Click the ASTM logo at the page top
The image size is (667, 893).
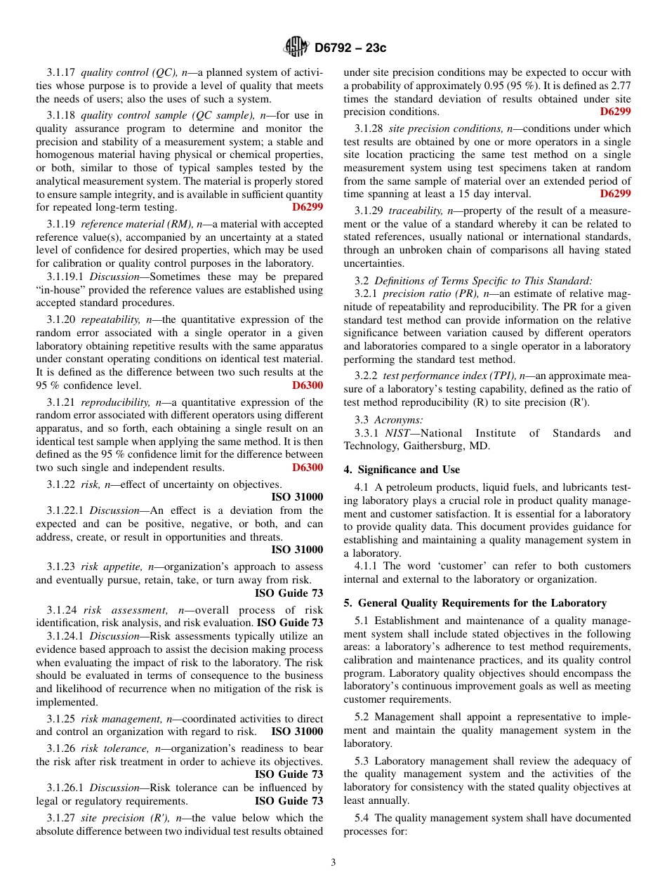click(296, 47)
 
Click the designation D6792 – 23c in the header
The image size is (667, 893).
click(350, 48)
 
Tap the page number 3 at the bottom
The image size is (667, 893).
click(333, 862)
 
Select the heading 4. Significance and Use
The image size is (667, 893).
click(402, 470)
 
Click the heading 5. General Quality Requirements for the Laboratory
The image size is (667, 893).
click(475, 603)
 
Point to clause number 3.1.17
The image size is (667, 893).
click(62, 72)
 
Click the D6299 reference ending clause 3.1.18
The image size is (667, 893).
click(308, 207)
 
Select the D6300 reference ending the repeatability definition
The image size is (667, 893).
click(308, 385)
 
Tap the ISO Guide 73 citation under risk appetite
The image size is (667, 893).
click(289, 593)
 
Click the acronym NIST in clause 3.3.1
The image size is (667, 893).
click(398, 433)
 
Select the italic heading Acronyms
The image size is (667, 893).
click(398, 419)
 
